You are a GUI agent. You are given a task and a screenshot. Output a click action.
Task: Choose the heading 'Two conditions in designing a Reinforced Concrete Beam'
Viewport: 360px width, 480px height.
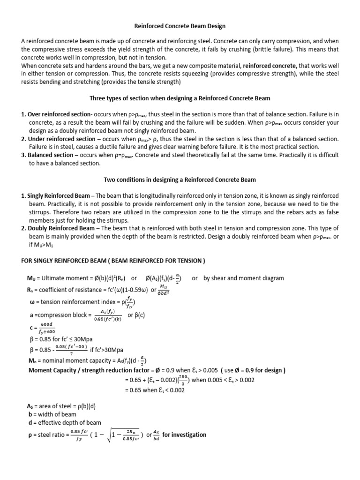point(180,180)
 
